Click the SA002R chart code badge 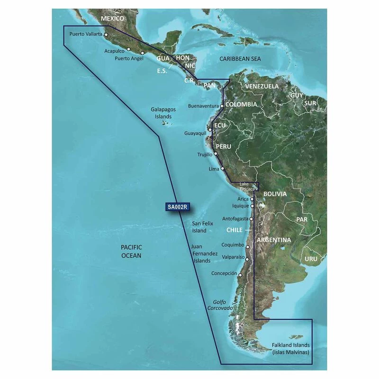point(175,207)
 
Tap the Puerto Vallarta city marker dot point(106,34)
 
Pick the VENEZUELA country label point(262,86)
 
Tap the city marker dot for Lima point(222,169)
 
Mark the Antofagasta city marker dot point(251,219)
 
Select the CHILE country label point(234,230)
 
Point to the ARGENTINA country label point(274,240)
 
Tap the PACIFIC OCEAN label point(131,252)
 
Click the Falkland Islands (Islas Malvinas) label point(290,349)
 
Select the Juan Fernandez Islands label point(204,254)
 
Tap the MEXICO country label point(112,18)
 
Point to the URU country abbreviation point(311,259)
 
